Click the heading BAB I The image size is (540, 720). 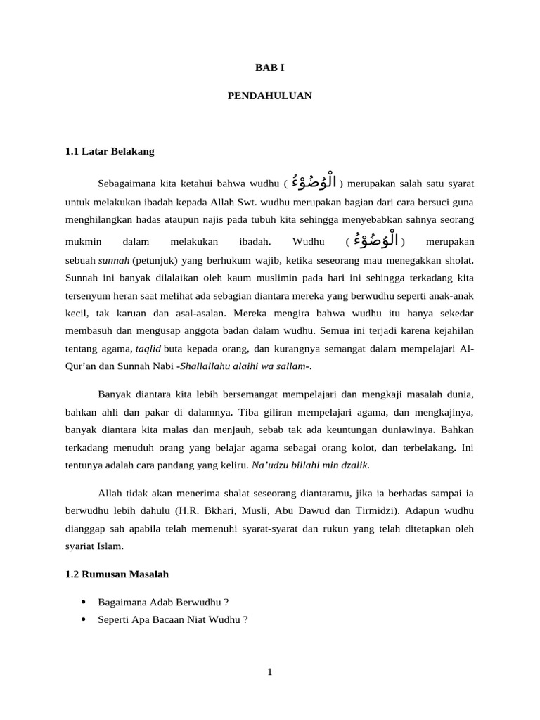(x=269, y=67)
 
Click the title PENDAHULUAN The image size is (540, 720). (x=269, y=95)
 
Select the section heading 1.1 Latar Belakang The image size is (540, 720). (x=109, y=151)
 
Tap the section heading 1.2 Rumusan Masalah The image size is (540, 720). (x=117, y=574)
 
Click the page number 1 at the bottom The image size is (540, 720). (x=269, y=672)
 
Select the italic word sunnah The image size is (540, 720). (x=110, y=259)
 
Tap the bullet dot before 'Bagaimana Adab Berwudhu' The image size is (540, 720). (x=84, y=602)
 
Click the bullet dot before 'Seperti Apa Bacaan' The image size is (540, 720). (x=84, y=619)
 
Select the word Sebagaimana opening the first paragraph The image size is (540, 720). (x=126, y=184)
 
